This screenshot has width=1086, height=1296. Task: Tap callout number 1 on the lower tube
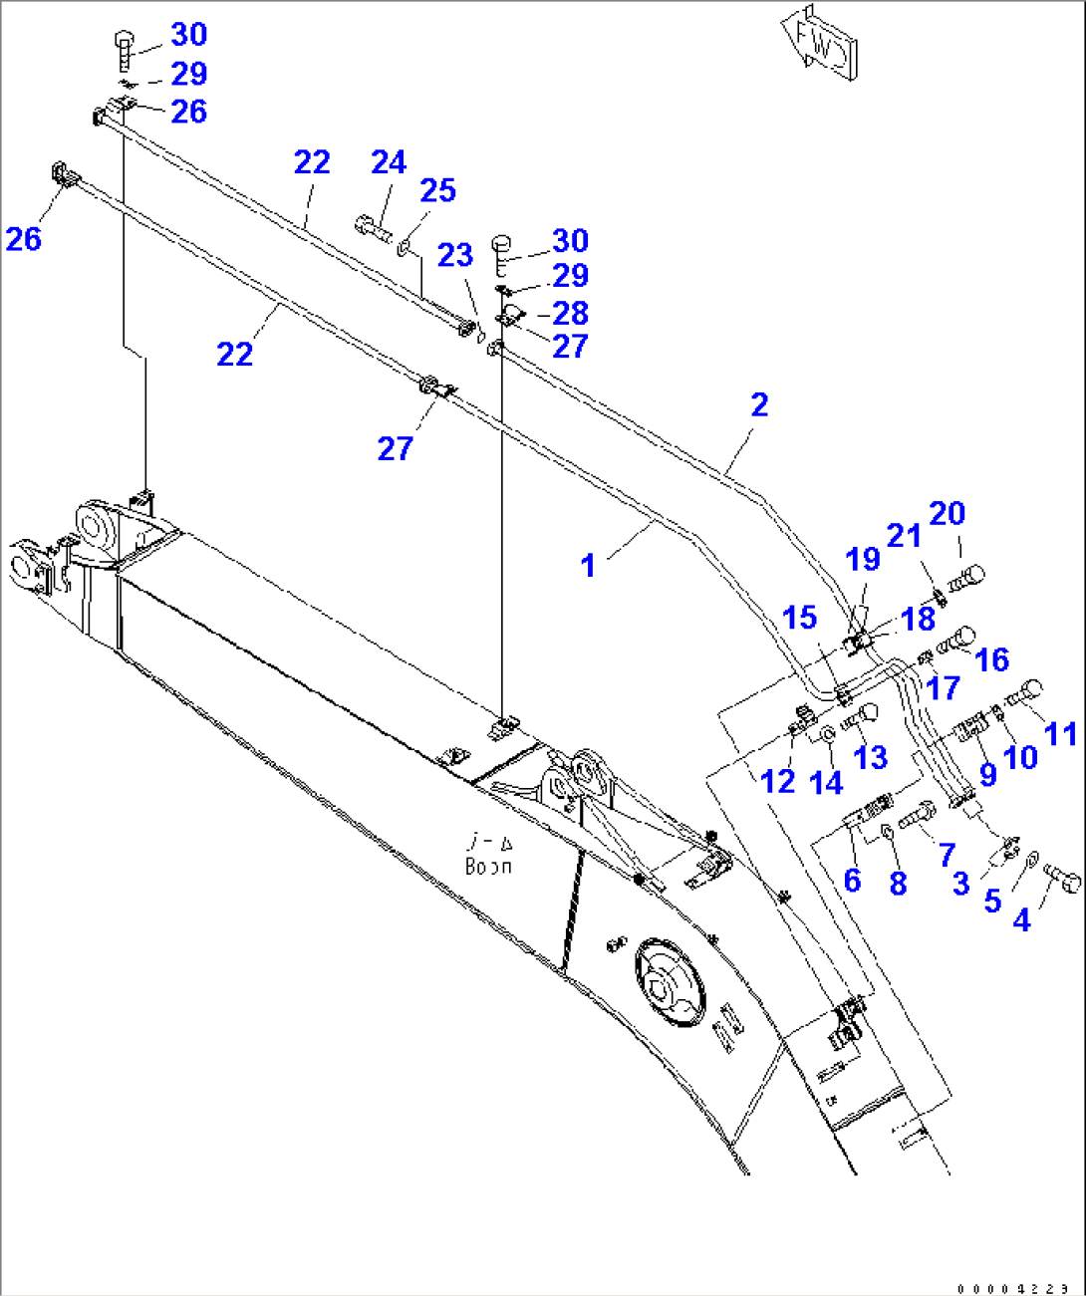tap(588, 565)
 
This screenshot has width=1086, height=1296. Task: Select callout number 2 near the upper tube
tap(759, 404)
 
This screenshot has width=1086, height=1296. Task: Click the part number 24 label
tap(389, 162)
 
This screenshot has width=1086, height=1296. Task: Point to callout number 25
tap(437, 190)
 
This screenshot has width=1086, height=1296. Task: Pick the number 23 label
tap(454, 255)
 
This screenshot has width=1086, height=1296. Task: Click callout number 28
tap(570, 313)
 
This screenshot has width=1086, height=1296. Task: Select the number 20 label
tap(947, 513)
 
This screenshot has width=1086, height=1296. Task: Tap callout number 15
tap(799, 618)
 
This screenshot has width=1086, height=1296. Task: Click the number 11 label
tap(1060, 733)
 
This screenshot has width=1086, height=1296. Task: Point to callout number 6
tap(852, 880)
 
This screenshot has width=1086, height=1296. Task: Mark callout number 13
tap(870, 757)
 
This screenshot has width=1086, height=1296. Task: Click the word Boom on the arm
tap(488, 867)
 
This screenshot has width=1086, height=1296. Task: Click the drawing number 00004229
tap(1012, 1288)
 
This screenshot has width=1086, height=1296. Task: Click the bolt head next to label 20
tap(969, 577)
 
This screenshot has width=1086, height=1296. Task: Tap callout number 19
tap(863, 559)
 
